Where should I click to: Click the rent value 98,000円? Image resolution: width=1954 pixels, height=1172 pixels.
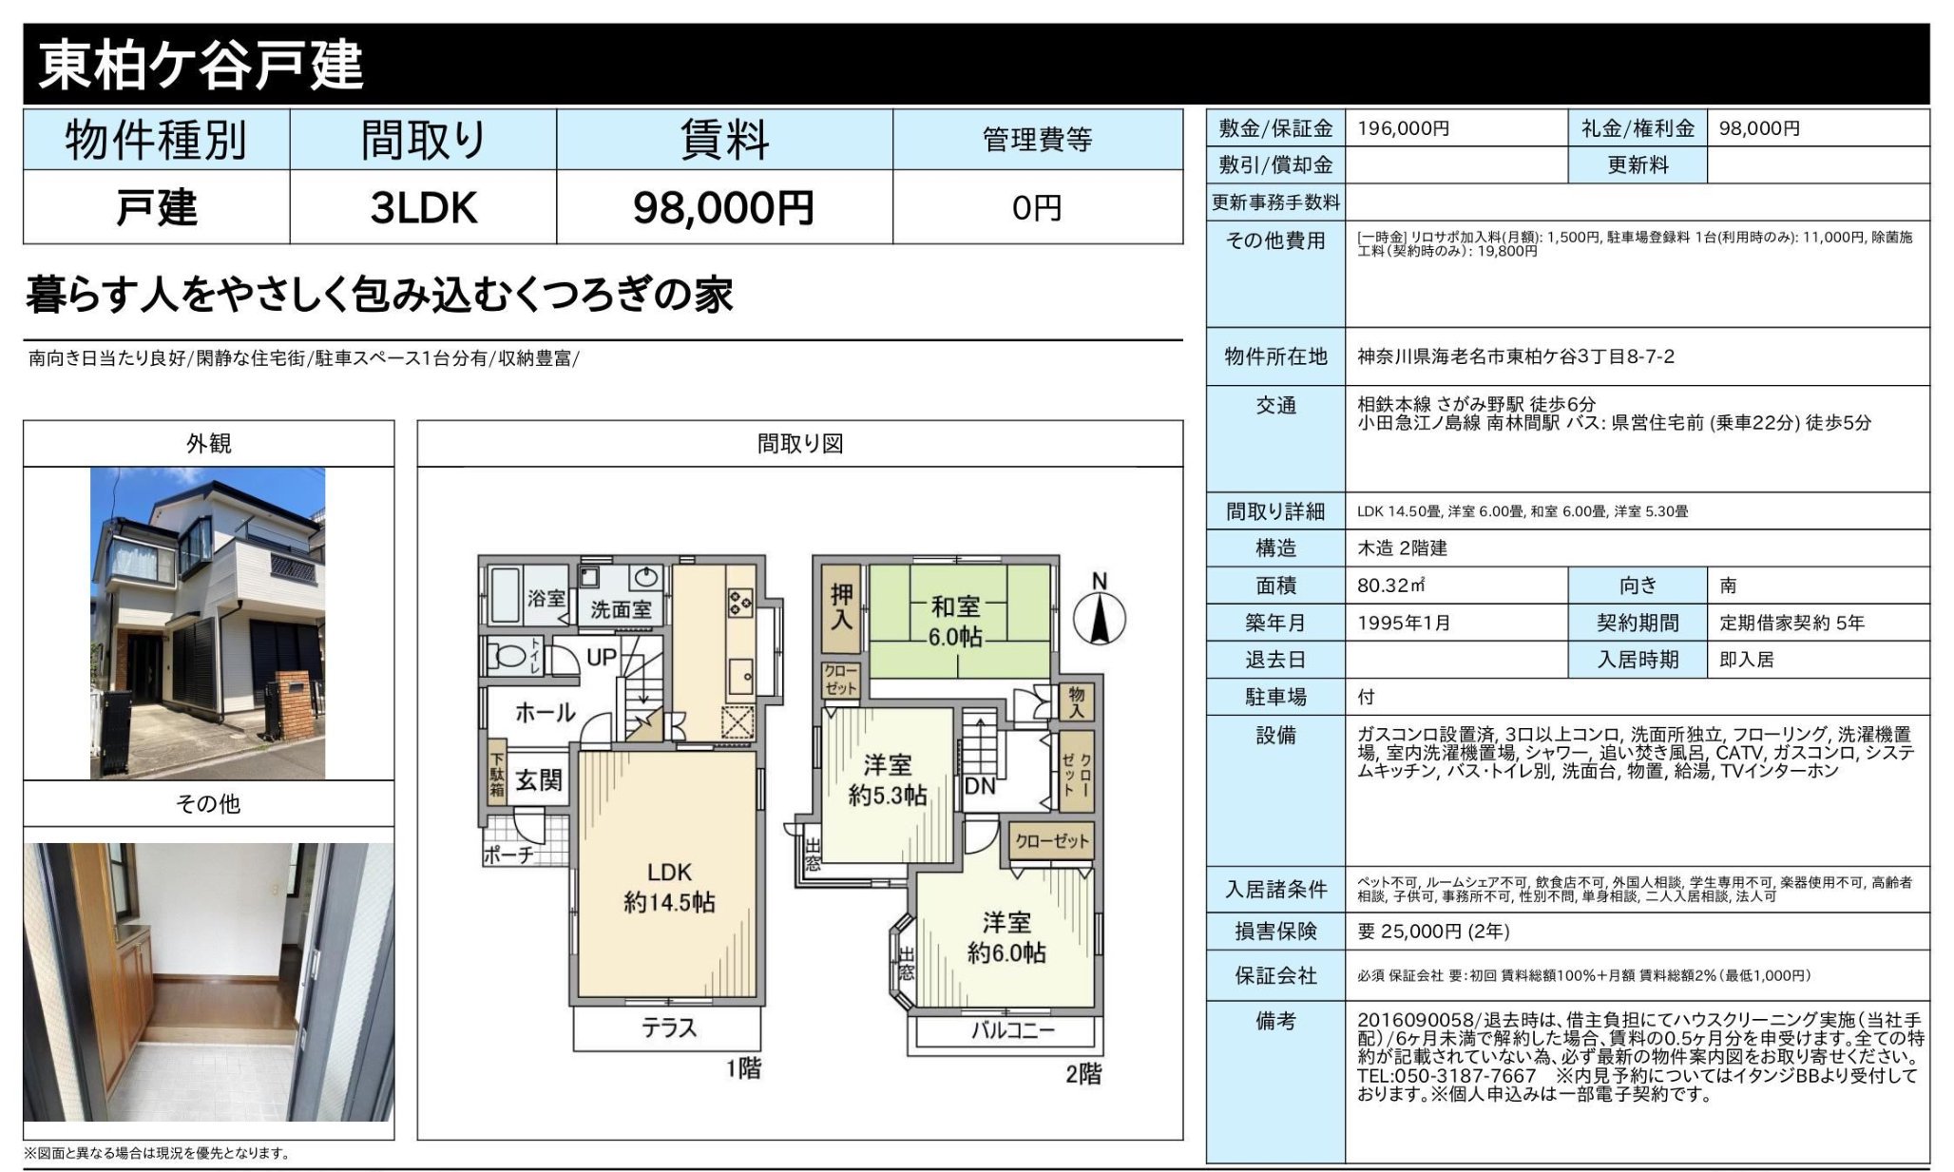(723, 207)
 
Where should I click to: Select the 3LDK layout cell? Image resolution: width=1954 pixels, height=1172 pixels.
(423, 207)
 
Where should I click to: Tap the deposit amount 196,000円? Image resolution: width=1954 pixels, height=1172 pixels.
(1403, 128)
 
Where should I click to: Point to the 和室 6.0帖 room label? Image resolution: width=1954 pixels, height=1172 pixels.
(956, 622)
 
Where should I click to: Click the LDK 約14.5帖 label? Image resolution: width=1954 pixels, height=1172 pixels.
(669, 887)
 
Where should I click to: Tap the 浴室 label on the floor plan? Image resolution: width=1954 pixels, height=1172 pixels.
(546, 598)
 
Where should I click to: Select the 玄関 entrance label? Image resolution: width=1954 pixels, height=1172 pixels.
(539, 780)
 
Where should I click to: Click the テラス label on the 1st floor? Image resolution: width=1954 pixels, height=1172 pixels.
(669, 1028)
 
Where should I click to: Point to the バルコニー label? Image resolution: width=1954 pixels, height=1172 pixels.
(1013, 1030)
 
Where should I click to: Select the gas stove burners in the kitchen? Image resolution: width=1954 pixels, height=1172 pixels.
(740, 602)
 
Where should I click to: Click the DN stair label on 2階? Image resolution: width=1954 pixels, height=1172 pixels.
(980, 786)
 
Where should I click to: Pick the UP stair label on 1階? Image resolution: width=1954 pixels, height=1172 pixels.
(602, 657)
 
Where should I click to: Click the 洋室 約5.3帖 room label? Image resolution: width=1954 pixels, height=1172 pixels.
(888, 780)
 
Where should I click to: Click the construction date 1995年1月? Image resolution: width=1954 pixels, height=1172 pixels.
(1404, 623)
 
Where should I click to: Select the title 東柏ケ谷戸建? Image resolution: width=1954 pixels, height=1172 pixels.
(201, 65)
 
